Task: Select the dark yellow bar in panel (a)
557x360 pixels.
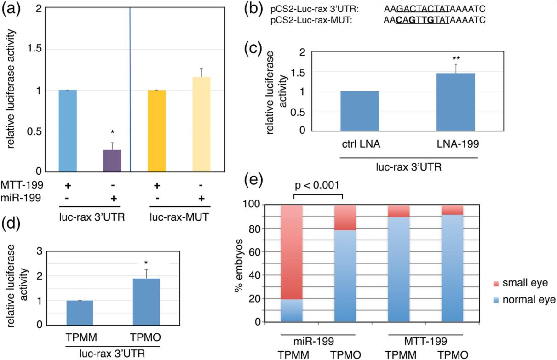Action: point(156,131)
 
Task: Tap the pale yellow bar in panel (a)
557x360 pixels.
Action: point(201,124)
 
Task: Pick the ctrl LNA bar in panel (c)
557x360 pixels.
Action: point(360,111)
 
